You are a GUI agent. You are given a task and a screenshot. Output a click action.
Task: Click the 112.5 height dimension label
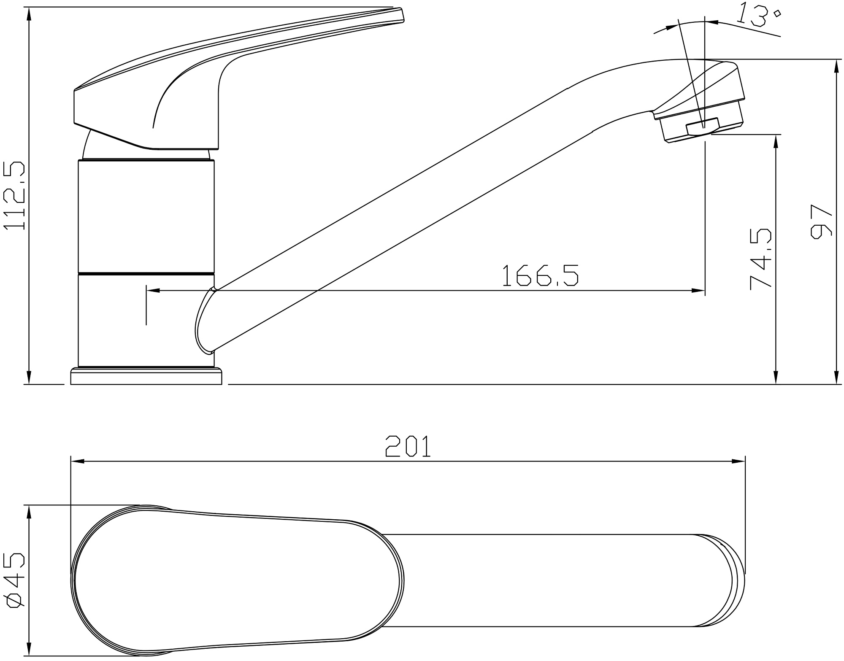click(x=14, y=195)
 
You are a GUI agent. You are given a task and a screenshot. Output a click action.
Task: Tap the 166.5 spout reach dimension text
click(x=540, y=275)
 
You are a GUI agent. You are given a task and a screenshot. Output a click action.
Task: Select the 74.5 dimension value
click(x=760, y=259)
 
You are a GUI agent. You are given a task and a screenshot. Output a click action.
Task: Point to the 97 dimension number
click(x=821, y=221)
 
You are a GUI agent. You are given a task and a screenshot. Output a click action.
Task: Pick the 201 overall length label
click(x=408, y=446)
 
